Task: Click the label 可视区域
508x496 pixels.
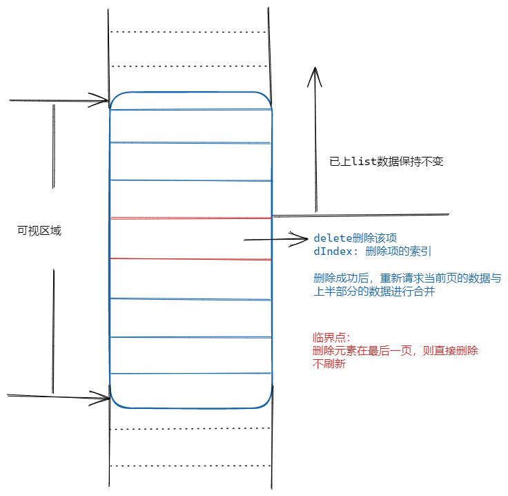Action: pos(39,231)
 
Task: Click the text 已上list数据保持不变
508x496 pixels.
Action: pos(386,162)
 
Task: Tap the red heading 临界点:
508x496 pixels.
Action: pos(331,338)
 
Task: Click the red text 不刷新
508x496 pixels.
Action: pos(329,364)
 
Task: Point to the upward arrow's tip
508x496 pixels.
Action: pos(315,68)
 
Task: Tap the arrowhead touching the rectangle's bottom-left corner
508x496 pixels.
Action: pos(106,397)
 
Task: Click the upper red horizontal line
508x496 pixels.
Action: pos(190,218)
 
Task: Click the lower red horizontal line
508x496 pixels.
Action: pos(190,259)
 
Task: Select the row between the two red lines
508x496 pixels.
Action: pos(190,238)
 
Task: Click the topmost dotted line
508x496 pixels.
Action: pos(189,32)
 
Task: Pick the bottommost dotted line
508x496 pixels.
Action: pos(189,466)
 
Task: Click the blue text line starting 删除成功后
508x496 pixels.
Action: pos(407,278)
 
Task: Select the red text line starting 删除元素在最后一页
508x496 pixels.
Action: pos(395,351)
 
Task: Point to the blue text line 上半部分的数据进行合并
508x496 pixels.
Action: pos(374,292)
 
